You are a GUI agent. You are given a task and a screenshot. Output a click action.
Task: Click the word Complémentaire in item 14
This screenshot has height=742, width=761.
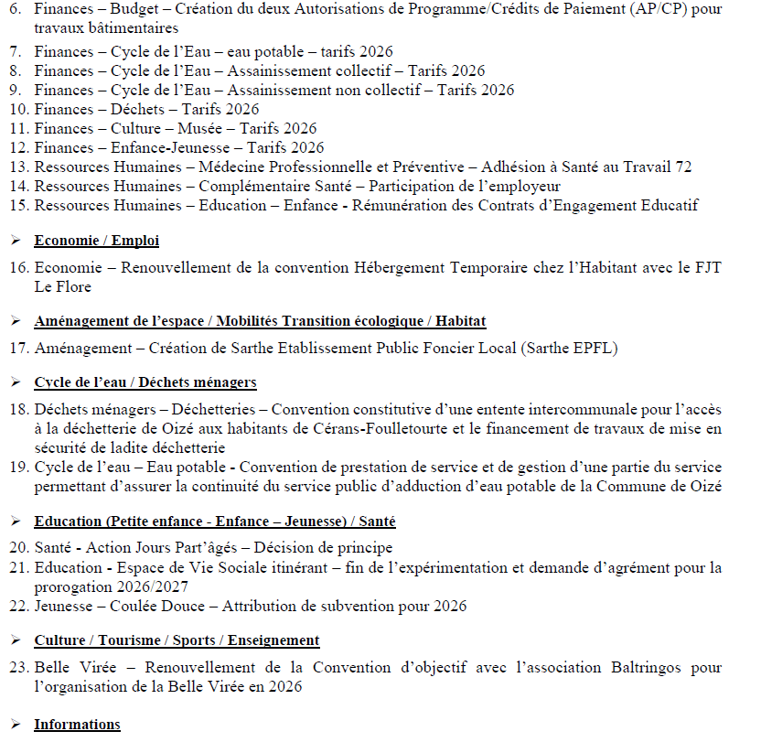point(249,186)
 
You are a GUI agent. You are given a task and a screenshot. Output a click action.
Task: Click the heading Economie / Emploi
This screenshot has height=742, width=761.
point(96,241)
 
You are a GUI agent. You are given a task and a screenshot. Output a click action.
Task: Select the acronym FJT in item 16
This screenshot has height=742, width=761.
point(703,267)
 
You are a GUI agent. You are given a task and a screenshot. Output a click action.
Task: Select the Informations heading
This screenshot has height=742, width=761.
point(77,725)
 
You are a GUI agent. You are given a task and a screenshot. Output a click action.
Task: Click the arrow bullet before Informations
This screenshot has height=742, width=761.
point(16,725)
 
